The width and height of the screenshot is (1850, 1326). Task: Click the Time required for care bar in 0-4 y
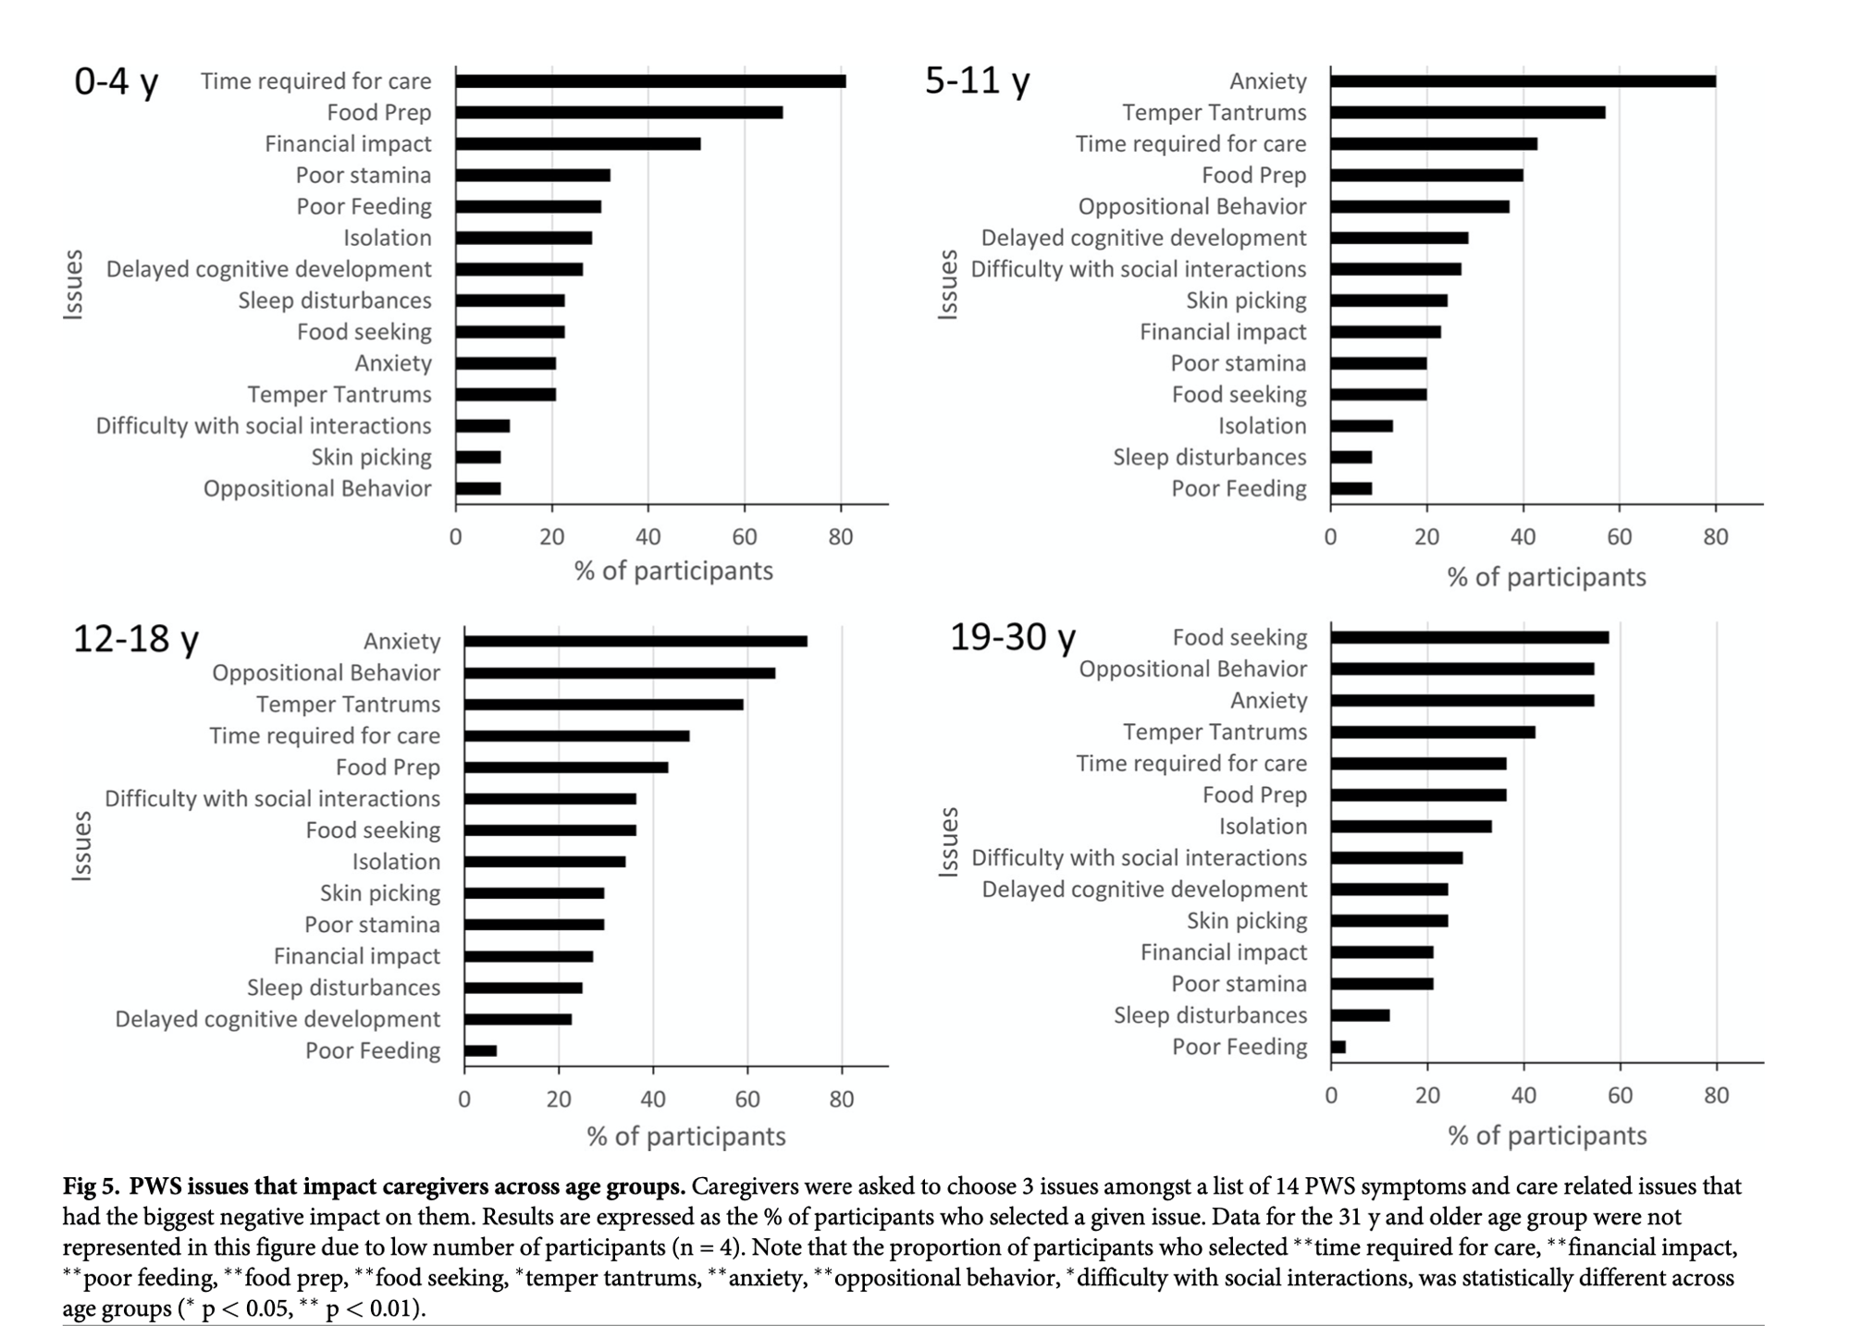[x=650, y=81]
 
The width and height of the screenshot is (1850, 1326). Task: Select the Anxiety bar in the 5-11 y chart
[x=1523, y=81]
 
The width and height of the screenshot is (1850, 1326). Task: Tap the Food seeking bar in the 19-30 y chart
[x=1469, y=637]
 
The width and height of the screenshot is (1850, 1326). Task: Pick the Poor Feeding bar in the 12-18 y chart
[x=481, y=1050]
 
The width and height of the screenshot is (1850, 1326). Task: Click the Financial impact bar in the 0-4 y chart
[x=578, y=144]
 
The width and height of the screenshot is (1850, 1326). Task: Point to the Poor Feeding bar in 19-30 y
[x=1338, y=1047]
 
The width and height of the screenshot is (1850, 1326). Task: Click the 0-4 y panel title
[x=117, y=81]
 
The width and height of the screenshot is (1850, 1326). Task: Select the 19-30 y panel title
[x=1013, y=637]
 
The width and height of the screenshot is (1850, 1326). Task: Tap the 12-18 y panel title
[x=135, y=639]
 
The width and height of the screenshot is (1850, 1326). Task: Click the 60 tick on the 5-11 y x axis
[x=1619, y=536]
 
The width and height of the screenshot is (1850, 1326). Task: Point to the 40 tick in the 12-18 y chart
[x=653, y=1099]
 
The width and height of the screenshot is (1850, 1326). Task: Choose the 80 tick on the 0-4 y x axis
[x=841, y=536]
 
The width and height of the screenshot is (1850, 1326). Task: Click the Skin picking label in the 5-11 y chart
[x=1246, y=301]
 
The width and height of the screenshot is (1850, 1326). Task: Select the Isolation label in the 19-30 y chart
[x=1263, y=826]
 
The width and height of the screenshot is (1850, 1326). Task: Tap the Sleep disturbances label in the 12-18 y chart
[x=343, y=988]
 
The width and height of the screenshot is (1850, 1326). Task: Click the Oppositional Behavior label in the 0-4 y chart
[x=317, y=488]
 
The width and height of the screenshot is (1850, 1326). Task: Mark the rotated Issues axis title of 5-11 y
[x=947, y=285]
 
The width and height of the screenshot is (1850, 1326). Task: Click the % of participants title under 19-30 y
[x=1547, y=1136]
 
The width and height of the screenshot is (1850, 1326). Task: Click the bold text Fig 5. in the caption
[x=92, y=1186]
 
